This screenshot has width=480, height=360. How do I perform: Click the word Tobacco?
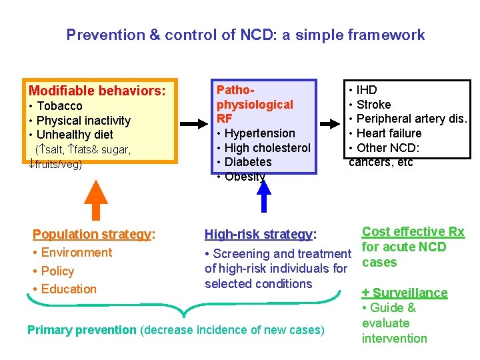click(59, 106)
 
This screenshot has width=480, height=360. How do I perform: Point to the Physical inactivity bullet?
click(83, 121)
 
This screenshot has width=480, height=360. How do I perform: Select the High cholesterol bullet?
click(267, 148)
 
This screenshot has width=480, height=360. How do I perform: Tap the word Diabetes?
click(248, 162)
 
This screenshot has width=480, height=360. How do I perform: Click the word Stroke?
click(373, 105)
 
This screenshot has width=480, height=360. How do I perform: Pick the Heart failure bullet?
click(389, 133)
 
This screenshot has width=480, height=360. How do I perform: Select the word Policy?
click(57, 271)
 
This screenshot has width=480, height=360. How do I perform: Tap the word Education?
click(69, 289)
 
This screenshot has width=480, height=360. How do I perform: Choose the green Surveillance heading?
click(409, 293)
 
